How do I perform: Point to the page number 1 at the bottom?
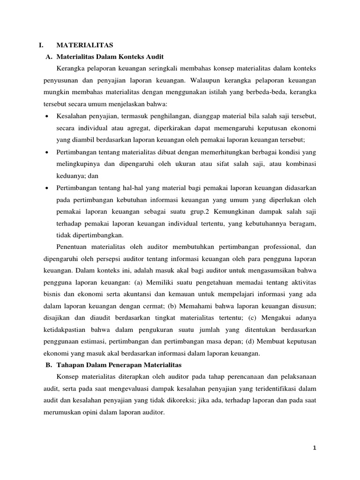[315, 448]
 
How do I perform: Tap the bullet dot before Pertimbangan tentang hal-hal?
[48, 188]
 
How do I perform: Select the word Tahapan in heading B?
[69, 365]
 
